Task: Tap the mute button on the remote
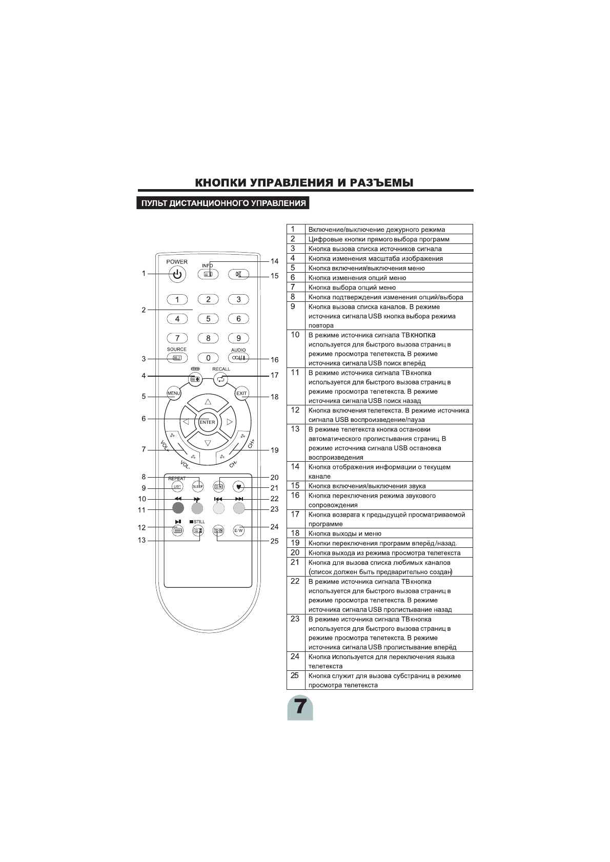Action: coord(238,274)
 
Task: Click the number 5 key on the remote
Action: coord(208,319)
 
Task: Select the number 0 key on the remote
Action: coord(208,358)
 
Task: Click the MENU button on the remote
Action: coord(173,394)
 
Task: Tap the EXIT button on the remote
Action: coord(241,394)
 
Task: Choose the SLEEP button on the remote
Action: coord(198,486)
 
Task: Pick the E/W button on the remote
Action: coord(238,531)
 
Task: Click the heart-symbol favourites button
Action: coord(238,486)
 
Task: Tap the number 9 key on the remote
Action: coord(238,338)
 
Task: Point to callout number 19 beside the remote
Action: coord(274,450)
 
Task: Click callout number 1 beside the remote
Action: coord(144,274)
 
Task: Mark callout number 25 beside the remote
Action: coord(274,541)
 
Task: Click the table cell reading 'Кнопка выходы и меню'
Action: coord(345,533)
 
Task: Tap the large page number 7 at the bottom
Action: coord(300,707)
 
